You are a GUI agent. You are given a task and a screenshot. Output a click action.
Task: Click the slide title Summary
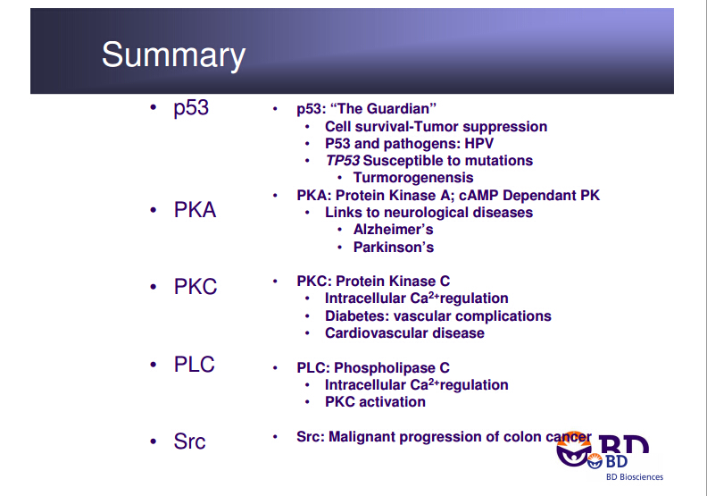pyautogui.click(x=173, y=55)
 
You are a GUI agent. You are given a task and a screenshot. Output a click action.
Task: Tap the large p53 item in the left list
pyautogui.click(x=191, y=108)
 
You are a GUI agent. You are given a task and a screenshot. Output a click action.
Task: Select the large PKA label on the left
pyautogui.click(x=195, y=210)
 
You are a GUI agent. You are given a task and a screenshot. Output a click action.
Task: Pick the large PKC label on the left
pyautogui.click(x=195, y=287)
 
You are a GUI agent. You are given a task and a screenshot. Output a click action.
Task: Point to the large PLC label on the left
pyautogui.click(x=195, y=365)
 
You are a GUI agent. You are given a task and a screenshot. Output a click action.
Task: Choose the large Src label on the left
pyautogui.click(x=189, y=441)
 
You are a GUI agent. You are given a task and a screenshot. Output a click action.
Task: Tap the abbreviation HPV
pyautogui.click(x=478, y=144)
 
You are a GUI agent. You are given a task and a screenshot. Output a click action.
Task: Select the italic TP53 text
pyautogui.click(x=343, y=161)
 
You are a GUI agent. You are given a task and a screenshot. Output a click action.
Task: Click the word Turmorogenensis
pyautogui.click(x=413, y=178)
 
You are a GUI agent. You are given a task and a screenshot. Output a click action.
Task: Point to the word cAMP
pyautogui.click(x=478, y=196)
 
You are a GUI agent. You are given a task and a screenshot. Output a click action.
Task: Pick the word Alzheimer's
pyautogui.click(x=393, y=230)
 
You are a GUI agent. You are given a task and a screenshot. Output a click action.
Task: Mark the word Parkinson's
pyautogui.click(x=393, y=248)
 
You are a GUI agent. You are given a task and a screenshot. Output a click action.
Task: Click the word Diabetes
pyautogui.click(x=357, y=316)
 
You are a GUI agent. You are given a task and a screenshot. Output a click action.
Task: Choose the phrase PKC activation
pyautogui.click(x=375, y=401)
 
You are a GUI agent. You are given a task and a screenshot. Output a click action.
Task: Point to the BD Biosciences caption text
pyautogui.click(x=635, y=477)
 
